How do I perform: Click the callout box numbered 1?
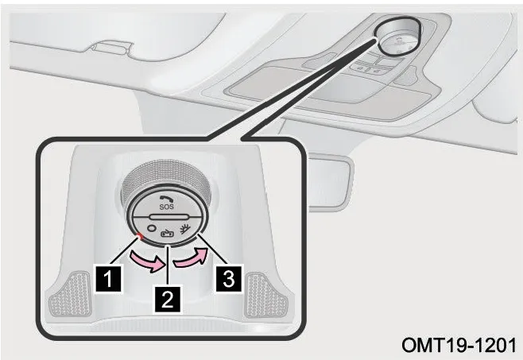(x=108, y=279)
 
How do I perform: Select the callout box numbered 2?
(x=167, y=300)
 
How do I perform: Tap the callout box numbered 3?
(x=229, y=278)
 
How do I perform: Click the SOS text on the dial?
(x=166, y=207)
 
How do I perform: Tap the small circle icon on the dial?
(x=152, y=228)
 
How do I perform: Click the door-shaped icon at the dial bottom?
(x=167, y=234)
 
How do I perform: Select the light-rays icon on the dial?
(x=184, y=229)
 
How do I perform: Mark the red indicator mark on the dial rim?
(x=141, y=236)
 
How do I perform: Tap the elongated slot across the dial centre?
(x=167, y=217)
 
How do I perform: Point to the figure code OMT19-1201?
(x=459, y=345)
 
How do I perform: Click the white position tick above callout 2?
(x=169, y=246)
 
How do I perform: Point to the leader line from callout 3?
(x=211, y=250)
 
